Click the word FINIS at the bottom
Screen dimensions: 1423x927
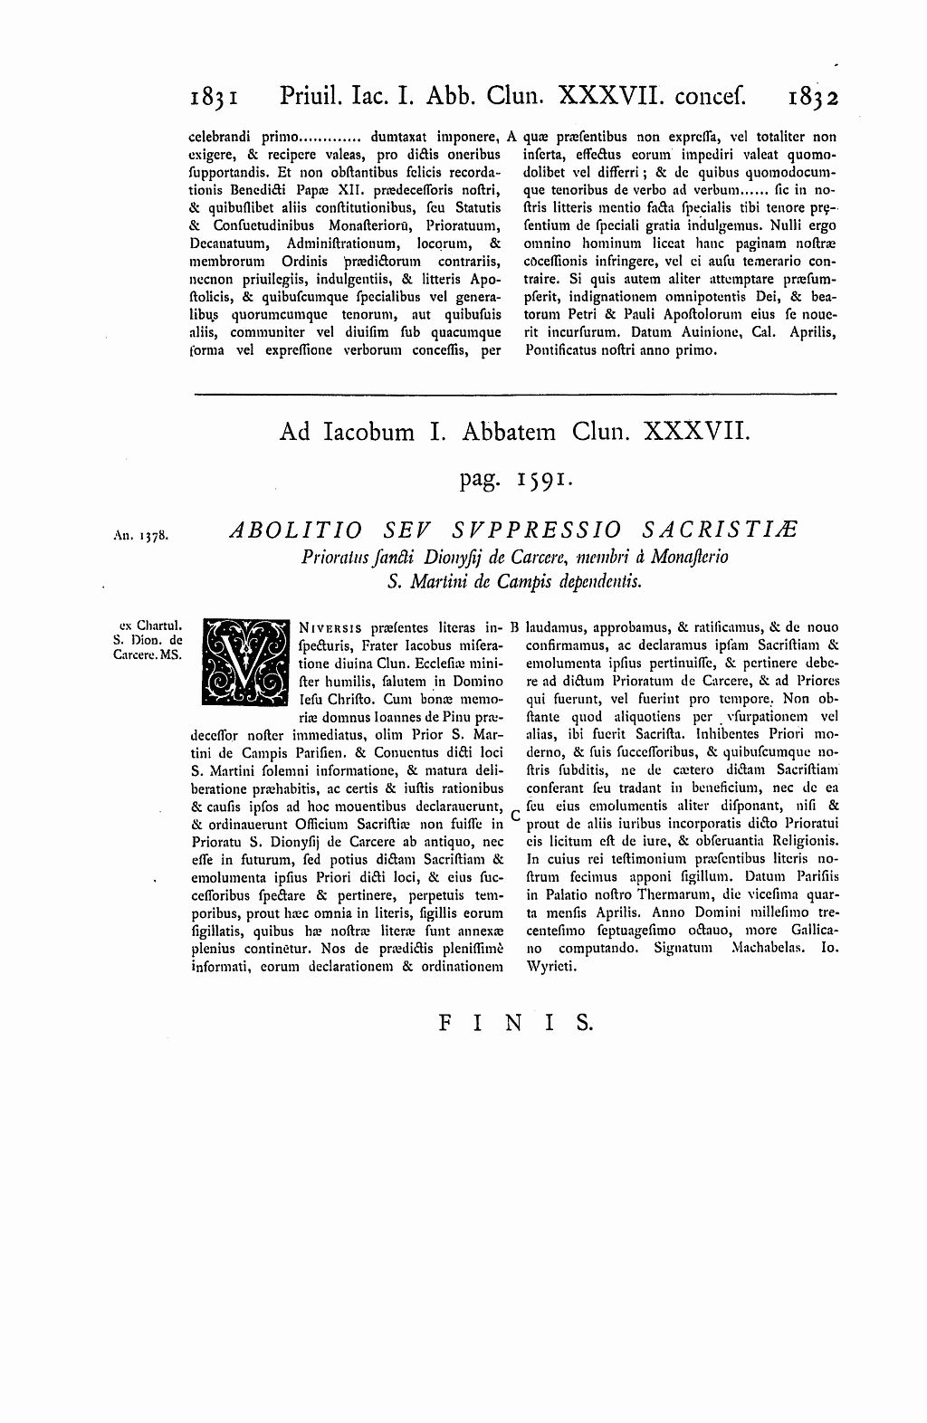[515, 1023]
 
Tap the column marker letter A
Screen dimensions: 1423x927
[512, 138]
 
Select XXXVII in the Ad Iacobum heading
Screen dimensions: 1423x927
[696, 433]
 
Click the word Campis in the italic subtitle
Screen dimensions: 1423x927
[523, 582]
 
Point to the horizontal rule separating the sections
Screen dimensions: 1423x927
[515, 395]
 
